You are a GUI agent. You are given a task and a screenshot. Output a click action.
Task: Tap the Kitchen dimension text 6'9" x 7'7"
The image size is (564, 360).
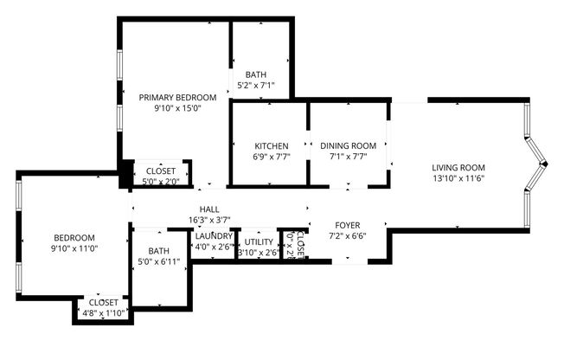coord(271,157)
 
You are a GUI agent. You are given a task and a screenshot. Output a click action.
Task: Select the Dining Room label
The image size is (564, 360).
coord(349,145)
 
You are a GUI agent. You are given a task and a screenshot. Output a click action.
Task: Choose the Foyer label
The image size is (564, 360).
coord(346,224)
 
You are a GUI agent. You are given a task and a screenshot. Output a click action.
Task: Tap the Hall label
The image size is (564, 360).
coord(208,209)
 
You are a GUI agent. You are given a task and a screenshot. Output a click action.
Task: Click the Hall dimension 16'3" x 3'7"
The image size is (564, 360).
coord(208,220)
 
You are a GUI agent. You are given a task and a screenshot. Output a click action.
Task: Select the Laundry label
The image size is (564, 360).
coord(213,236)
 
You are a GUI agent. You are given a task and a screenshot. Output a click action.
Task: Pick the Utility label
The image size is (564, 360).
coord(259,242)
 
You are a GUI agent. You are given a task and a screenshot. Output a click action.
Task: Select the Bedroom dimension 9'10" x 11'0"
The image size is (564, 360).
coord(74,248)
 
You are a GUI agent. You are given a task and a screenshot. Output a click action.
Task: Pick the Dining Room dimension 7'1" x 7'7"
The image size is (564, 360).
coord(349,157)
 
